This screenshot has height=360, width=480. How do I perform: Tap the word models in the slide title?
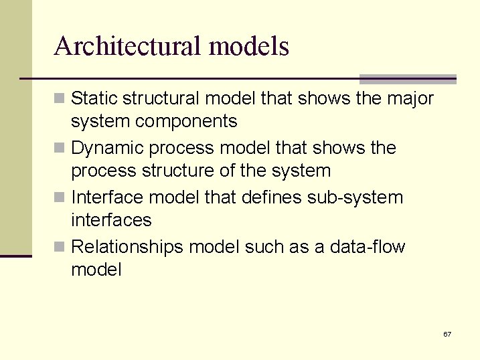(x=249, y=46)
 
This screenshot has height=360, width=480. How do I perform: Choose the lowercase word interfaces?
(x=111, y=219)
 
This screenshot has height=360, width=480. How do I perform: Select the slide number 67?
(x=447, y=334)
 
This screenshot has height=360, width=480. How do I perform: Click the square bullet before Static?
(x=60, y=99)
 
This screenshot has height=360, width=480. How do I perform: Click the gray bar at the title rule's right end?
(x=408, y=79)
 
